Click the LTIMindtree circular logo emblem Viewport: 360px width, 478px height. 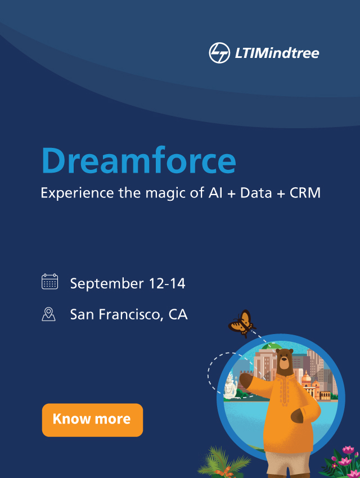point(219,53)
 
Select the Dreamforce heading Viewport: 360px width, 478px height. point(138,160)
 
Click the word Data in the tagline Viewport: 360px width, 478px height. point(256,193)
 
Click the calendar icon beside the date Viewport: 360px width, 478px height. point(49,281)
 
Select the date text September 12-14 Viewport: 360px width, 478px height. point(128,283)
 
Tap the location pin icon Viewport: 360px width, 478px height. point(49,314)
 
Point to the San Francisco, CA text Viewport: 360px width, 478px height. point(129,314)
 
